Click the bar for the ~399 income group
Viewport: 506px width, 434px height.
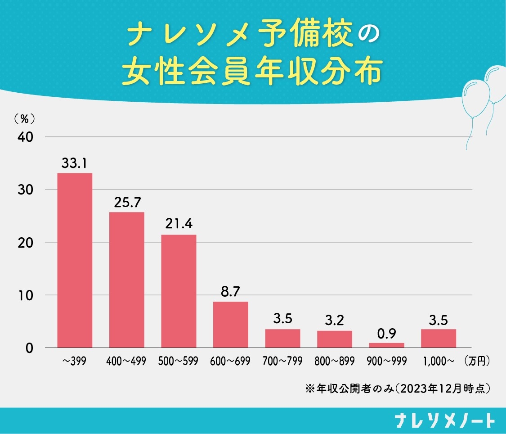point(75,260)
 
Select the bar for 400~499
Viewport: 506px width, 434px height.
point(127,280)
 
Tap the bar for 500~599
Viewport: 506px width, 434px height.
point(179,291)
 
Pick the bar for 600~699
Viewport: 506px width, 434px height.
point(231,325)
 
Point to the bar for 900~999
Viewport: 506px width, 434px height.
point(387,345)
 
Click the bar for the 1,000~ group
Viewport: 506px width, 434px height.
point(439,339)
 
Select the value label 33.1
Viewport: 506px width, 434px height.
point(74,164)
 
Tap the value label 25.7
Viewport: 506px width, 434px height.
point(126,203)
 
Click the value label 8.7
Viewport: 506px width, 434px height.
point(231,293)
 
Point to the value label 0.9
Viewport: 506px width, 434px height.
point(387,334)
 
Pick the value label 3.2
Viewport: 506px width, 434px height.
point(335,321)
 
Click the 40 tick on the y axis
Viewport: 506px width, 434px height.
point(26,137)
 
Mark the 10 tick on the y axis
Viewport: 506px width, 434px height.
point(26,295)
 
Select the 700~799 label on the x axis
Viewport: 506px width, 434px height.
point(282,362)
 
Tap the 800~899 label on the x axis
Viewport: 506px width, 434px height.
point(335,362)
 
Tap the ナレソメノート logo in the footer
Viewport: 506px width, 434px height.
point(444,420)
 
